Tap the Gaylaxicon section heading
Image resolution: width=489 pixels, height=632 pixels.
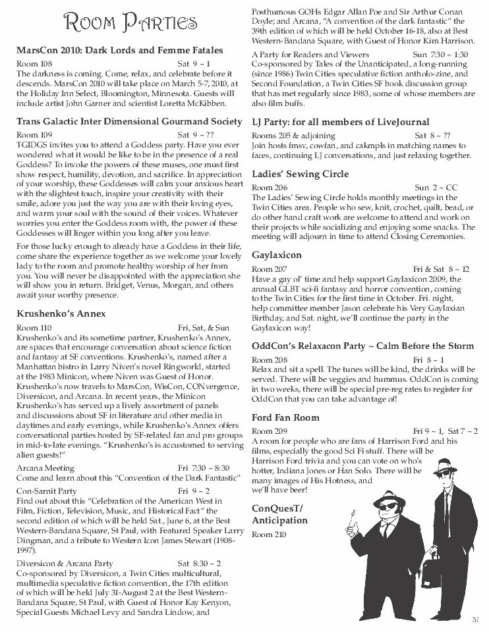coord(277,255)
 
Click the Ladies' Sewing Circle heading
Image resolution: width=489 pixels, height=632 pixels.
coord(301,174)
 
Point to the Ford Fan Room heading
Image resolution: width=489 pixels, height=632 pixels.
coord(285,417)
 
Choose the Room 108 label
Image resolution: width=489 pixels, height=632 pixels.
coord(34,64)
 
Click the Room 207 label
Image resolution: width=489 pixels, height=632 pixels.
coord(270,269)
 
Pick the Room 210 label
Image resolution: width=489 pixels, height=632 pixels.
coord(269,535)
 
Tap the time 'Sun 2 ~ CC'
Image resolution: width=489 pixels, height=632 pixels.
coord(436,188)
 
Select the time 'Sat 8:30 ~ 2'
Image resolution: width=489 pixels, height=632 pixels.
coord(199,564)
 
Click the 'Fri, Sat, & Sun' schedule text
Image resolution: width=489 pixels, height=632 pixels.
coord(203,327)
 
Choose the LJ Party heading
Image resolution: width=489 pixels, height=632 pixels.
coord(340,122)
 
